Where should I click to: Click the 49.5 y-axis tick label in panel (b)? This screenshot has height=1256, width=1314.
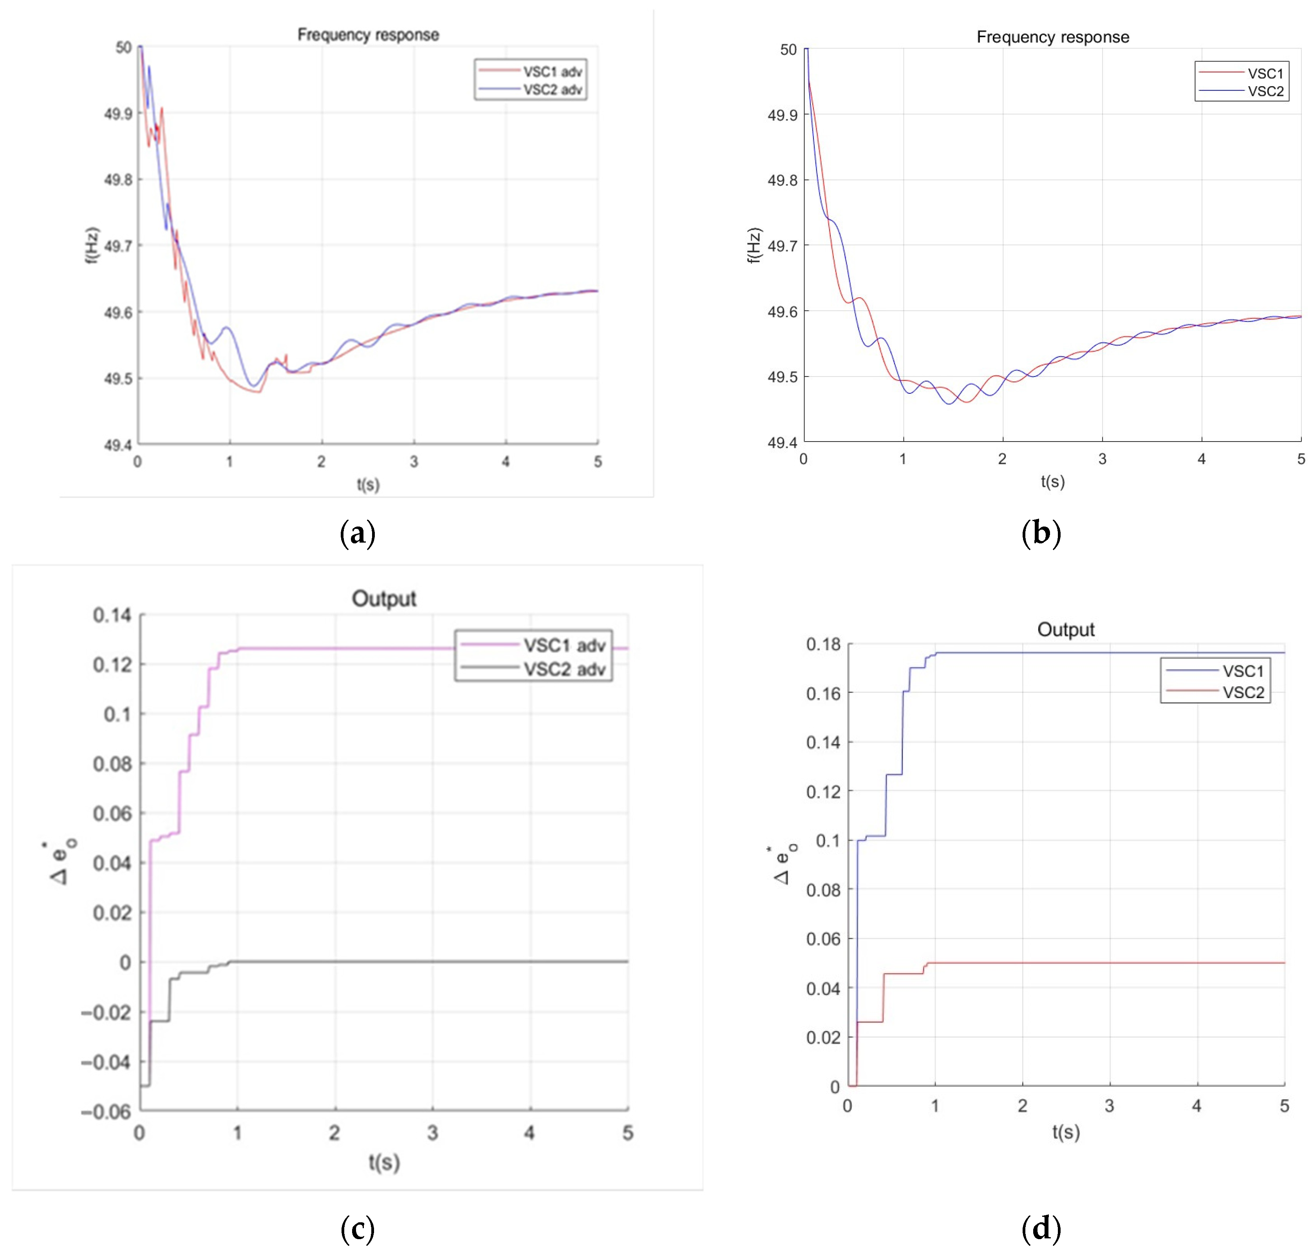coord(781,377)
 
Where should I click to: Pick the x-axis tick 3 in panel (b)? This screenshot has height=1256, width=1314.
coord(1102,459)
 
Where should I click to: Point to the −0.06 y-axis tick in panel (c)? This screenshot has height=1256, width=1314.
coord(106,1112)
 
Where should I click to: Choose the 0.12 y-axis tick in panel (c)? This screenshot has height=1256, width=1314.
coord(112,665)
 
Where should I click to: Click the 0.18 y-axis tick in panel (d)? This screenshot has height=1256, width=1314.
coord(823,645)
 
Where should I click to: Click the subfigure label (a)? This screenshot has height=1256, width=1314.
coord(358,534)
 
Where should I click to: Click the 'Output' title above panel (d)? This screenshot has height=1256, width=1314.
coord(1066,629)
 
